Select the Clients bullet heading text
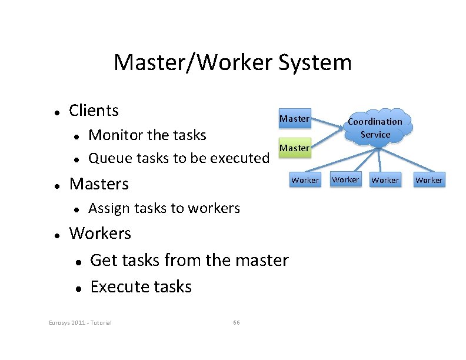tap(94, 111)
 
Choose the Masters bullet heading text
tap(99, 184)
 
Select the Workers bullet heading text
tap(100, 234)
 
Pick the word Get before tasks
tap(102, 260)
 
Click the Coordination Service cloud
tap(375, 127)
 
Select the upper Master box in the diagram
tap(294, 119)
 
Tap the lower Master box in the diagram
tap(294, 148)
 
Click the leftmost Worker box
tap(305, 180)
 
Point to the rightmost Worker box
tap(429, 180)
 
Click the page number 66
tap(236, 322)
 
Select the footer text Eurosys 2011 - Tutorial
tap(80, 322)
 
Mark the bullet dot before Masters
tap(55, 185)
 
